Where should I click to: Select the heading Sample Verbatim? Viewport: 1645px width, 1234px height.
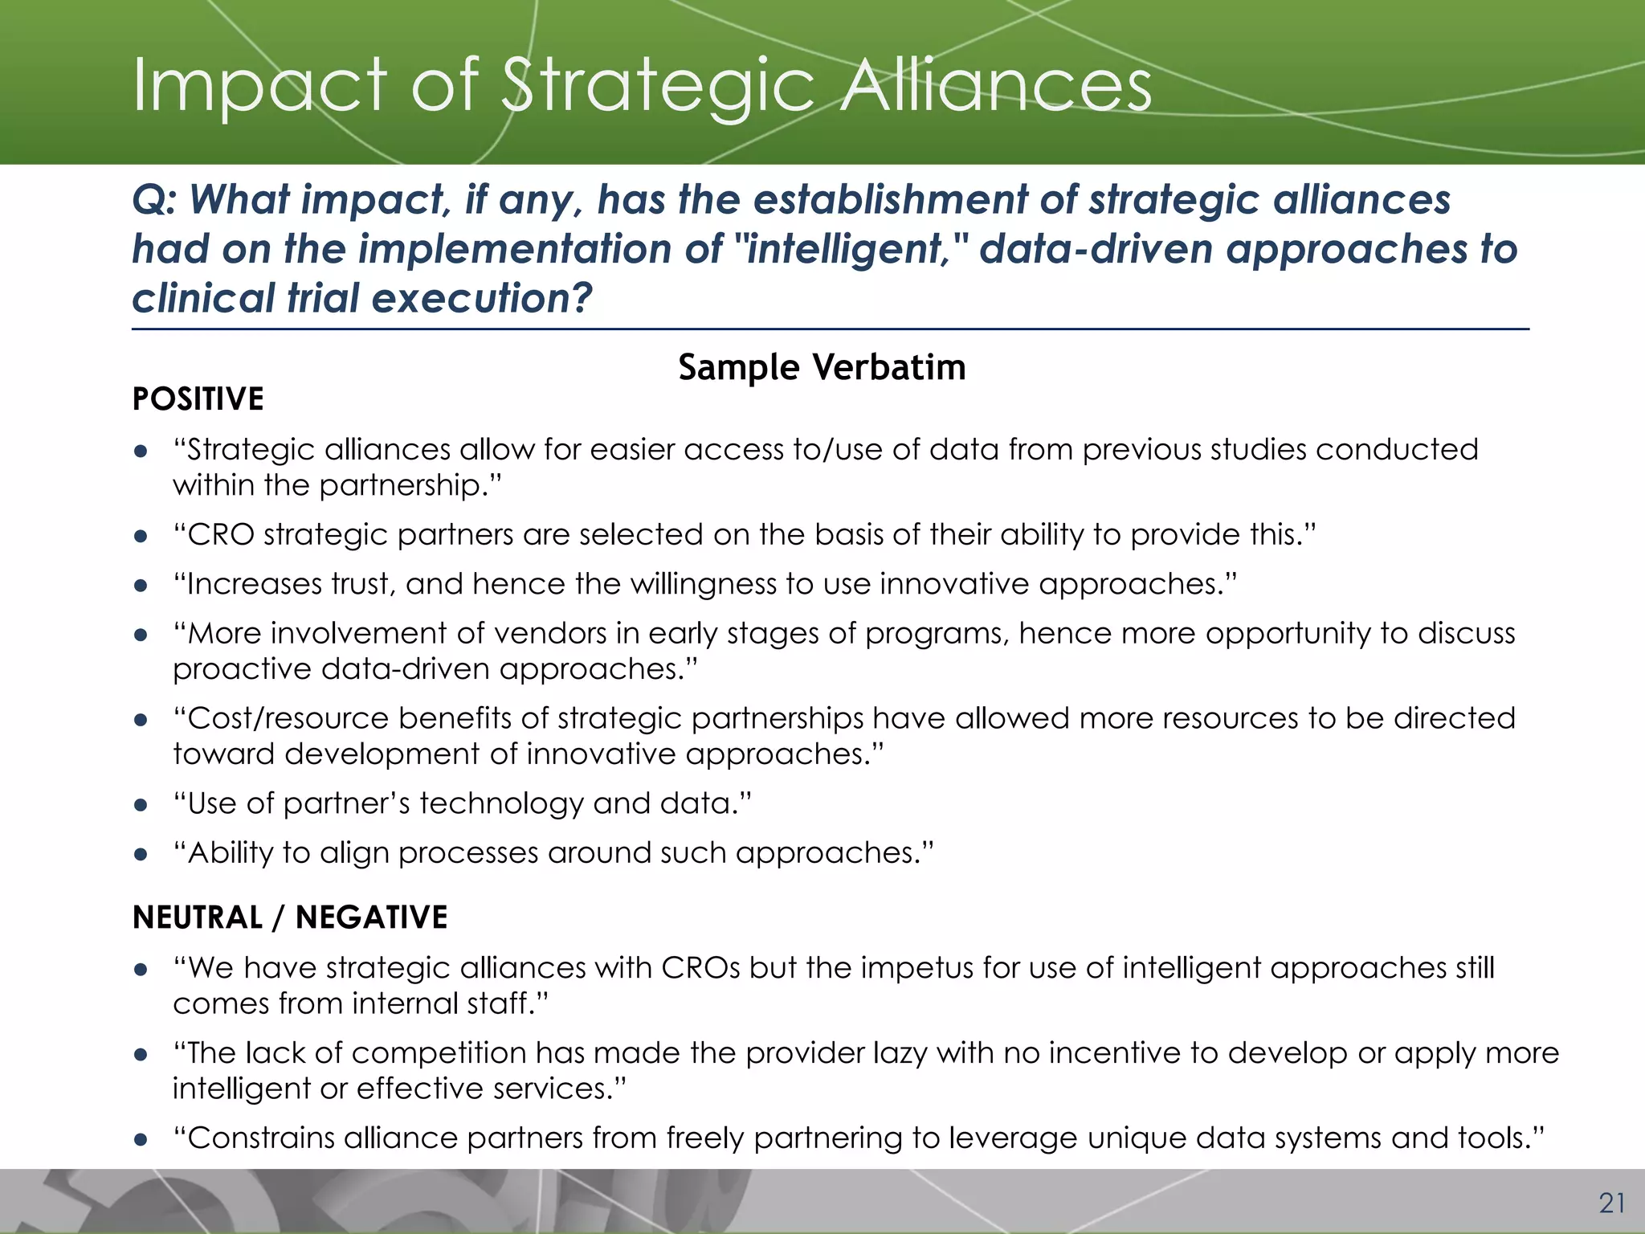point(822,367)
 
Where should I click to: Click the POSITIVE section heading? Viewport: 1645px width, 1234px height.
point(198,399)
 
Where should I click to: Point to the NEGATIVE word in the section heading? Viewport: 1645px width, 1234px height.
point(371,917)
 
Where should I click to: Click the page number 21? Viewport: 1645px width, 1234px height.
point(1612,1203)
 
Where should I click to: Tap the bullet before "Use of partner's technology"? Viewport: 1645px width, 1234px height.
point(141,805)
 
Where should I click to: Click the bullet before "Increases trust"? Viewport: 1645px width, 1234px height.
point(141,586)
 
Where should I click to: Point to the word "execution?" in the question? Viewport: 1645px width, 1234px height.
point(482,298)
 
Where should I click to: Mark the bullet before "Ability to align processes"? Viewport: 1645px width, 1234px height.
point(141,855)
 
